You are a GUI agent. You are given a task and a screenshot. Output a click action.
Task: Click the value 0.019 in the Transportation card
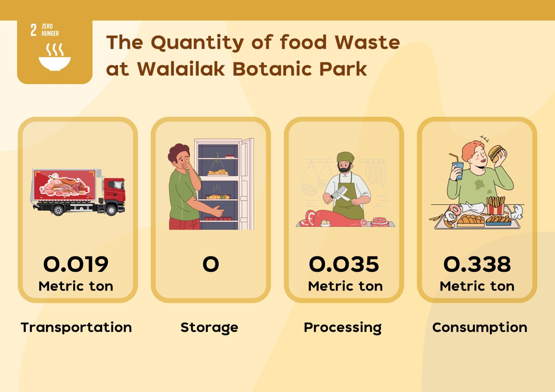(x=76, y=264)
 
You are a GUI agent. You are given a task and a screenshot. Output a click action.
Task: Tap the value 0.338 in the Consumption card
(x=477, y=264)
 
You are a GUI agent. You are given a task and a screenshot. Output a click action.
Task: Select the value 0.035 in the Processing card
(x=344, y=264)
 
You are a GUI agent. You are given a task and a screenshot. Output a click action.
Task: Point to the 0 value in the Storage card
(x=211, y=264)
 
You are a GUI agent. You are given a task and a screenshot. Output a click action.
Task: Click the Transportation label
(x=76, y=327)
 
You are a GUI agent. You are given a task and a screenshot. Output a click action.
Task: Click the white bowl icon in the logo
(x=55, y=63)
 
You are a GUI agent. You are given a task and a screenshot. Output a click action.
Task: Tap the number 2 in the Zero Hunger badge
(x=33, y=30)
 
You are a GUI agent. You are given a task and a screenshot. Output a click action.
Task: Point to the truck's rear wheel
(x=58, y=210)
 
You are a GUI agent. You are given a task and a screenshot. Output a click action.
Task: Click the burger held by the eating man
(x=496, y=154)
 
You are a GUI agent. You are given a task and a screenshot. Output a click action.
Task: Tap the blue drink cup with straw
(x=458, y=170)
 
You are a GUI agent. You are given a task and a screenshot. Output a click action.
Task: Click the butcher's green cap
(x=345, y=157)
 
